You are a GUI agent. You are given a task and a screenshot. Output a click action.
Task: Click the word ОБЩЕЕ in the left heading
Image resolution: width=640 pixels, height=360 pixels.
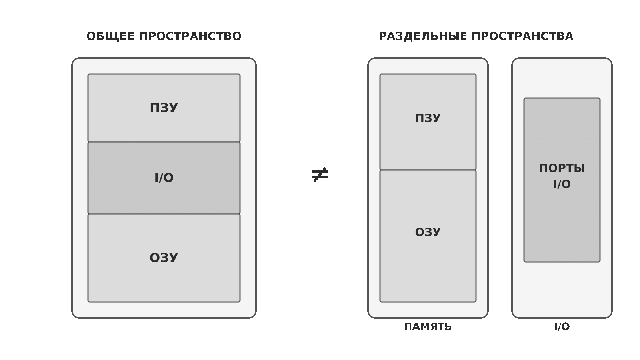tap(110, 36)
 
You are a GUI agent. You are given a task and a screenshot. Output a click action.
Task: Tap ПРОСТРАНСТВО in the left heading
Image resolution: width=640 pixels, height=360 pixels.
tap(190, 36)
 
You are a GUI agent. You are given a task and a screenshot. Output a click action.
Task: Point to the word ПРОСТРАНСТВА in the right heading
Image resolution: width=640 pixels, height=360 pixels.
tap(522, 36)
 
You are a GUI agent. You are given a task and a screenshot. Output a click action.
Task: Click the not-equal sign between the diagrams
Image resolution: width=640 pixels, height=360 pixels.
tap(320, 174)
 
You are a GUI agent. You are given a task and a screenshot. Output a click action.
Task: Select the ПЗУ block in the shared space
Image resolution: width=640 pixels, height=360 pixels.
tap(164, 108)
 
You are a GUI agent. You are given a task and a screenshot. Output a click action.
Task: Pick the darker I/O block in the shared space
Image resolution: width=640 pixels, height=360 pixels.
tap(164, 178)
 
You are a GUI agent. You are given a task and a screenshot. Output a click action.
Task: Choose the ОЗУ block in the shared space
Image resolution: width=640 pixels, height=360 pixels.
tap(164, 258)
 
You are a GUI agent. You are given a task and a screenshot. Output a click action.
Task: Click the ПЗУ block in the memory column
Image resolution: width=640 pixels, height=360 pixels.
tap(428, 122)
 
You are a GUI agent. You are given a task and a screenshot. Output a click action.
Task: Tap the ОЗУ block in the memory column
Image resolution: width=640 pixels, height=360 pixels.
tap(428, 236)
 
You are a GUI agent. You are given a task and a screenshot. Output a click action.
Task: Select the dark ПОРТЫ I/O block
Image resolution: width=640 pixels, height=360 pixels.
tap(562, 180)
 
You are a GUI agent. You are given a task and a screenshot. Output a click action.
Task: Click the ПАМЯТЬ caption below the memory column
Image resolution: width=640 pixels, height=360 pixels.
tap(428, 326)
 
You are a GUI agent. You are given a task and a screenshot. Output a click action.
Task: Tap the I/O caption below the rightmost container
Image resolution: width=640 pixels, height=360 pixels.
tap(562, 326)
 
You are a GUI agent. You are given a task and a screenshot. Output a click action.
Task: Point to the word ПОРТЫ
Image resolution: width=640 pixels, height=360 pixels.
tap(562, 168)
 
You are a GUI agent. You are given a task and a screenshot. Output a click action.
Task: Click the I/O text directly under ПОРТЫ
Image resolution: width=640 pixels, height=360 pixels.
tap(562, 184)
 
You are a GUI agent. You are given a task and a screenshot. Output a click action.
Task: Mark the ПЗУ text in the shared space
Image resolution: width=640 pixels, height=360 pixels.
tap(164, 108)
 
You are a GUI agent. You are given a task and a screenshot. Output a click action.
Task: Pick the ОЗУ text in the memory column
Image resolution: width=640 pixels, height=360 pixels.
tap(428, 232)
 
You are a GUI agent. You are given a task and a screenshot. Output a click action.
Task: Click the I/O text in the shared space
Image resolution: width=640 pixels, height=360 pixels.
tap(164, 178)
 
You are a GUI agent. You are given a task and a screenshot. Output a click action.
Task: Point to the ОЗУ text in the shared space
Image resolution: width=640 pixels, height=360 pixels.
tap(164, 258)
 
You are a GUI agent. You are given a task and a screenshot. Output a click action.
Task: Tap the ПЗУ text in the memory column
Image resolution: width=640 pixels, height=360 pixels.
tap(428, 118)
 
